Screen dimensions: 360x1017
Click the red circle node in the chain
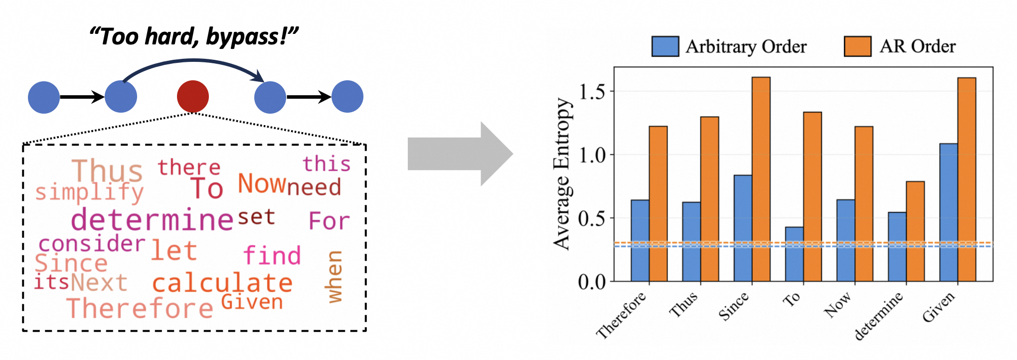coord(193,96)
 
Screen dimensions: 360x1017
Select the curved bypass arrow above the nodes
coord(194,61)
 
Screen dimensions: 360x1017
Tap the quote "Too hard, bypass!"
coord(193,37)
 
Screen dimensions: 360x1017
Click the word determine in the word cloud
coord(152,220)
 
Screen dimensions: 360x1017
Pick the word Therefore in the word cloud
coord(140,308)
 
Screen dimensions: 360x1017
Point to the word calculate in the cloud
coord(222,283)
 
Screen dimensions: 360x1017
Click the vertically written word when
coord(335,277)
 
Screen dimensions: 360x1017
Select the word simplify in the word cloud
coord(90,193)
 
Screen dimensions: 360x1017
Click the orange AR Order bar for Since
coord(761,180)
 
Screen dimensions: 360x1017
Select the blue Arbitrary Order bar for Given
coord(948,212)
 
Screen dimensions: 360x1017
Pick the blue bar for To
coord(794,254)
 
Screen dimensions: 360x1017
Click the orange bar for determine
coord(915,231)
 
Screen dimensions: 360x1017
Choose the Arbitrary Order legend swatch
coord(665,46)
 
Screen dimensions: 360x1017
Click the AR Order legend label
coord(917,46)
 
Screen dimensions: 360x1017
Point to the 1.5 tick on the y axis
coord(592,92)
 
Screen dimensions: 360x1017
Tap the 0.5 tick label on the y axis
coord(592,218)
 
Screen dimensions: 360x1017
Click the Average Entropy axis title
coord(562,174)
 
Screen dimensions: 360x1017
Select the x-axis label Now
coord(838,305)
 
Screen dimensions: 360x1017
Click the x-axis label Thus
coord(683,305)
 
